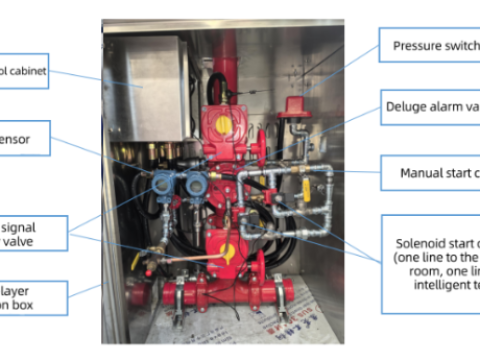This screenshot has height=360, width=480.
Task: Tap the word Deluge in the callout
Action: pos(411,106)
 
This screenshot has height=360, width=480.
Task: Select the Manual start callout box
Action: pos(430,172)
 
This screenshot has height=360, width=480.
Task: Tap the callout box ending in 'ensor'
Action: pos(23,138)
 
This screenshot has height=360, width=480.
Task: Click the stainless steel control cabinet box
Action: pos(147,87)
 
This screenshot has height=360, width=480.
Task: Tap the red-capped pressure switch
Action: pos(293,108)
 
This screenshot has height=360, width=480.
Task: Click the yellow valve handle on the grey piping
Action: pos(306,186)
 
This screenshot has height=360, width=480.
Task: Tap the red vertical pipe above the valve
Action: pos(228,55)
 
